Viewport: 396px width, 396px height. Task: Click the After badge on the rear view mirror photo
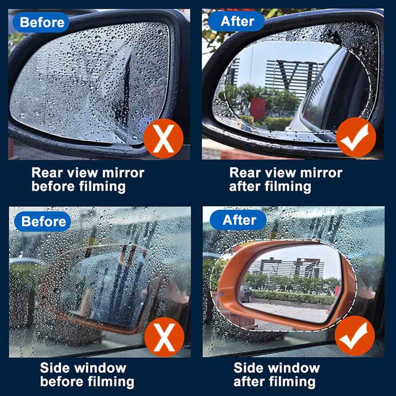coord(237,21)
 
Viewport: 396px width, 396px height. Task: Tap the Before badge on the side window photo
coord(43,221)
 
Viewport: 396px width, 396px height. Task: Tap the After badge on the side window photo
coord(239,220)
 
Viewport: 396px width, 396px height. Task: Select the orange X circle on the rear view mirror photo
coord(164,139)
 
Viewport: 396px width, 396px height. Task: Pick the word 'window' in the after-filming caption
coord(293,368)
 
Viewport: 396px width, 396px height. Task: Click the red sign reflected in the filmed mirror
coord(258,107)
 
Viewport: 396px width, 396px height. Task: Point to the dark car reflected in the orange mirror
coord(246,293)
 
